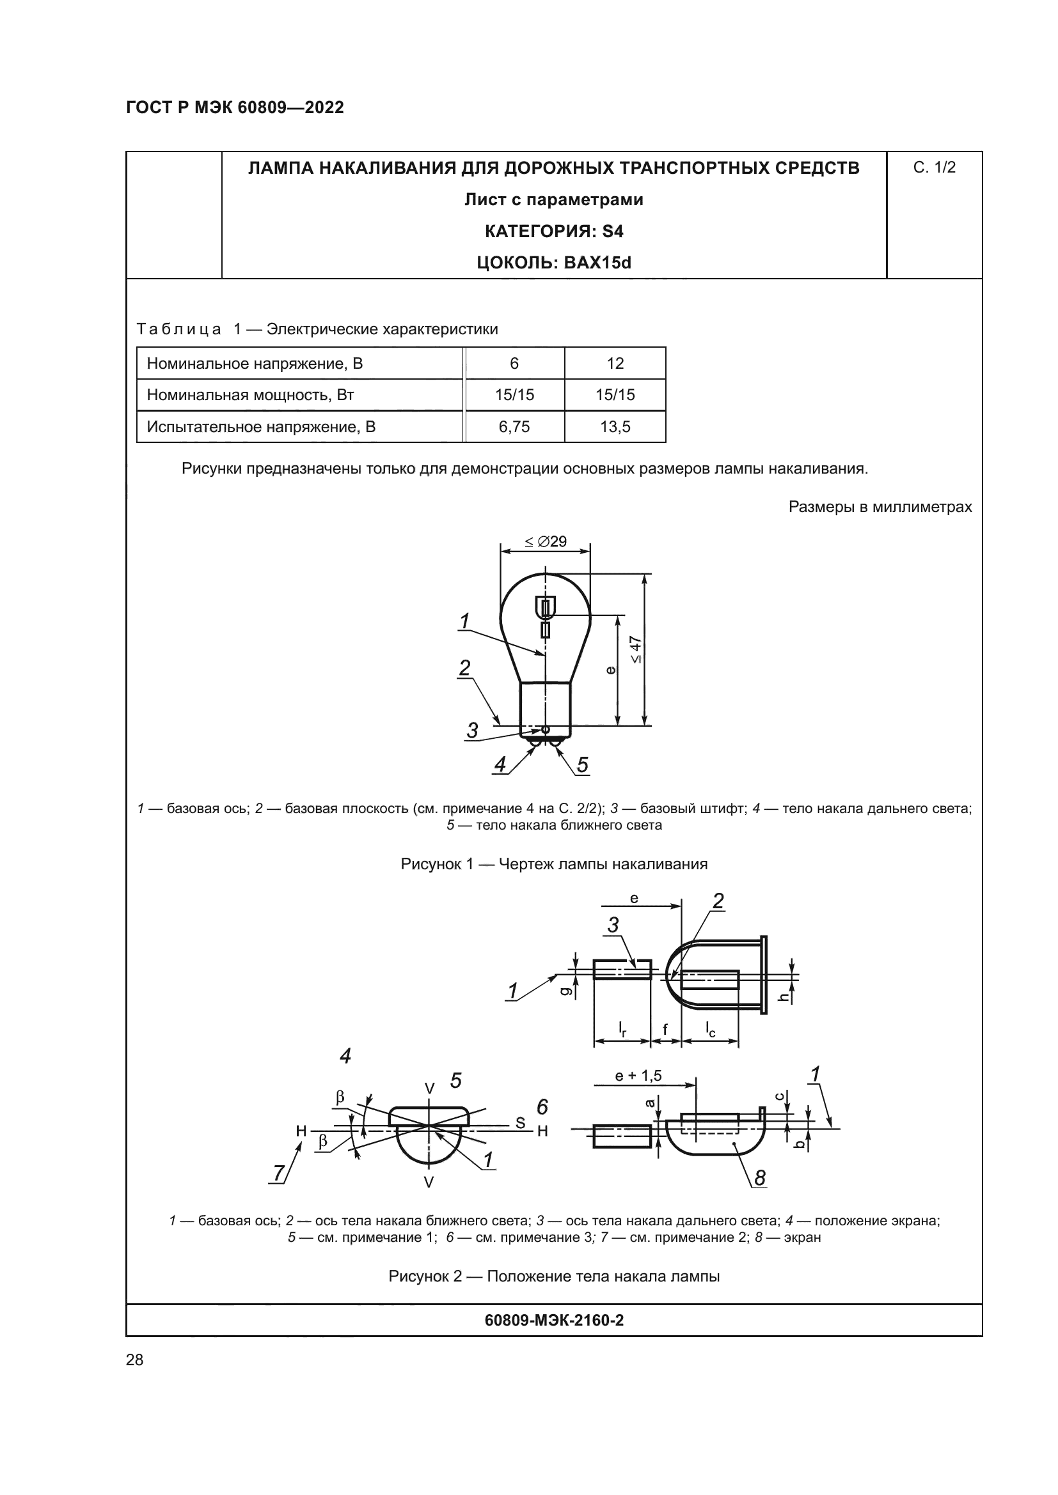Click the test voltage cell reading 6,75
pyautogui.click(x=514, y=426)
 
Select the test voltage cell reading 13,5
pyautogui.click(x=615, y=426)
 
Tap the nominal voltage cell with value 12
pyautogui.click(x=615, y=362)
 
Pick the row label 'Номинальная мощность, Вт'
pyautogui.click(x=250, y=394)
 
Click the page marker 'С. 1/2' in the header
pyautogui.click(x=934, y=167)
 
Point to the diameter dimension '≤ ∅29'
pyautogui.click(x=545, y=541)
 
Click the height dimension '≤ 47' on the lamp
pyautogui.click(x=636, y=649)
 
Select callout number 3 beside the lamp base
pyautogui.click(x=472, y=730)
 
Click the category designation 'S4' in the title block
pyautogui.click(x=613, y=231)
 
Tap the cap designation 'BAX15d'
pyautogui.click(x=597, y=263)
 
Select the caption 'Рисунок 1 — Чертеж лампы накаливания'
pyautogui.click(x=554, y=864)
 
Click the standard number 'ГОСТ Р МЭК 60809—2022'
pyautogui.click(x=235, y=107)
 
